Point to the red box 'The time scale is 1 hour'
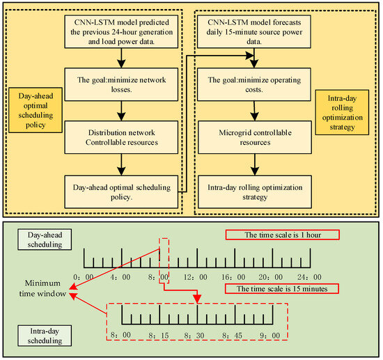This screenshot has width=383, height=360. (x=282, y=235)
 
